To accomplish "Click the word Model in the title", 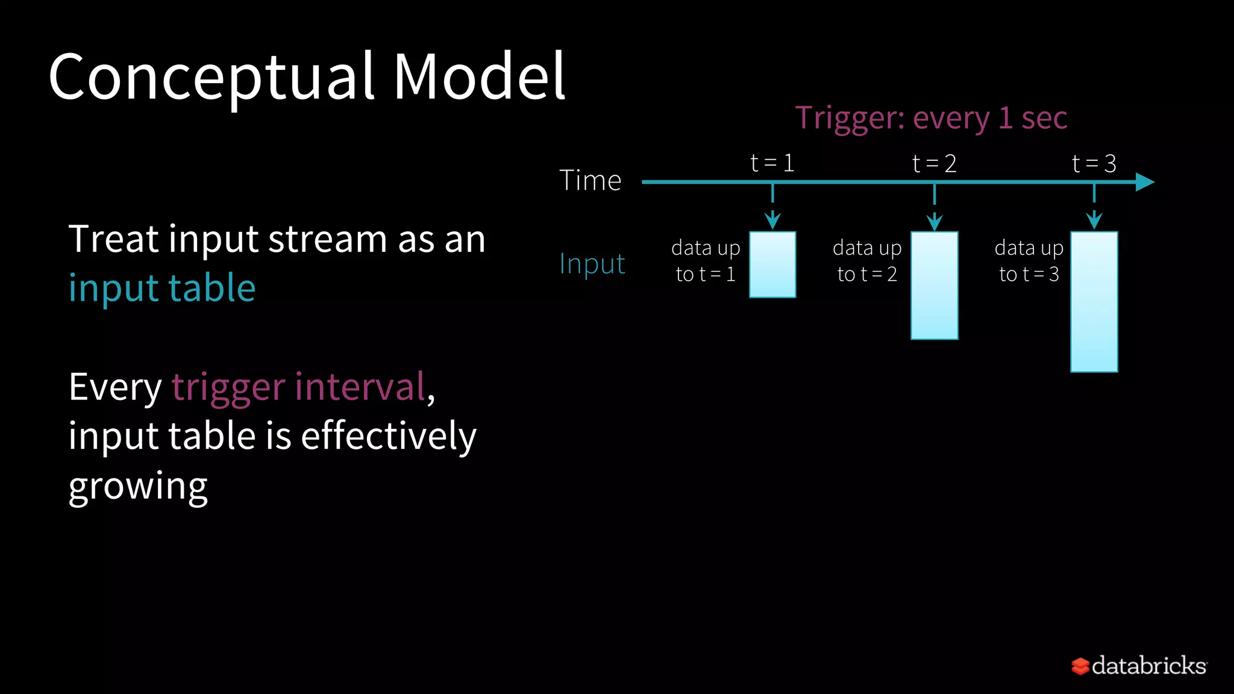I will tap(479, 77).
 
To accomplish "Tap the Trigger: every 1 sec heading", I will tap(931, 117).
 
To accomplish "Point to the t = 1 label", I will tap(772, 163).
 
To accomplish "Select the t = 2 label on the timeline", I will tap(934, 163).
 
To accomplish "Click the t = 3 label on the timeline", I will tap(1094, 163).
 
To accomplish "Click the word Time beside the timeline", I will tap(590, 180).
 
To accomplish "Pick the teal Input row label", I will tap(592, 264).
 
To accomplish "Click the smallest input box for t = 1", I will tap(772, 264).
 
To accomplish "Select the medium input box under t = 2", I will tap(934, 286).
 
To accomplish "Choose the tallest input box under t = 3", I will tap(1094, 301).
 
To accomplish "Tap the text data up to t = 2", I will tap(867, 261).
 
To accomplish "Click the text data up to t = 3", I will tap(1029, 261).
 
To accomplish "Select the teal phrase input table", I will tap(162, 288).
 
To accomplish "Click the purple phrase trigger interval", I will tap(299, 387).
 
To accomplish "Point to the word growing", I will tap(138, 487).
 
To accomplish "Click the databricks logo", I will tap(1139, 666).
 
